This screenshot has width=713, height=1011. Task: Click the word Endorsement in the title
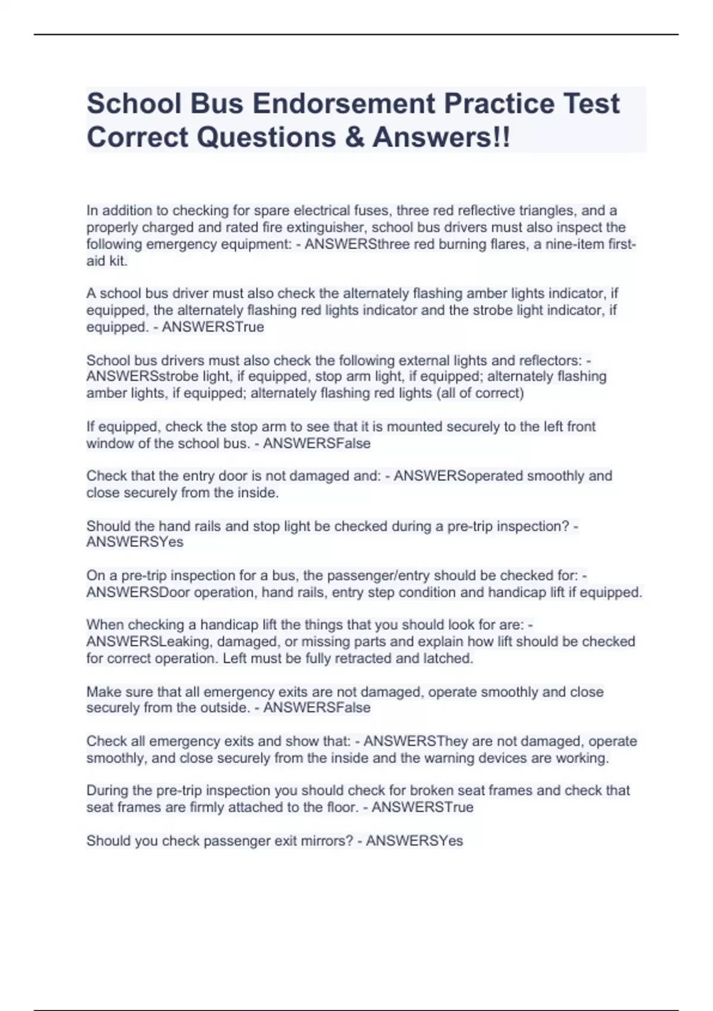(x=343, y=104)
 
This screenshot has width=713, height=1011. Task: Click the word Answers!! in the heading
(x=441, y=137)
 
